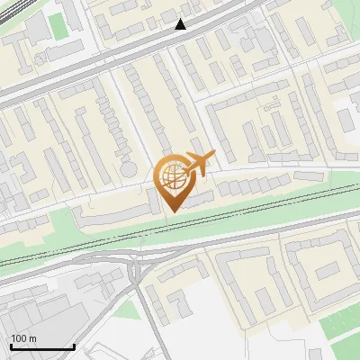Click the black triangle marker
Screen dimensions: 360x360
(182, 24)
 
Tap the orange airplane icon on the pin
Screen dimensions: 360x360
(197, 163)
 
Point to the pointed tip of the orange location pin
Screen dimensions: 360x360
(171, 211)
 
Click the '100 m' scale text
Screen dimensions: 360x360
(23, 338)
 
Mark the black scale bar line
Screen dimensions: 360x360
(42, 347)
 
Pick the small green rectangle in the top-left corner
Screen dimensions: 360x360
(58, 26)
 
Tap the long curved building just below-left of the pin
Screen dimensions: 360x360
(112, 214)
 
